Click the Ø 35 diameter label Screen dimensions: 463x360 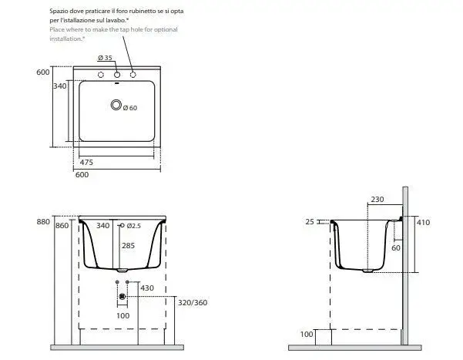(105, 58)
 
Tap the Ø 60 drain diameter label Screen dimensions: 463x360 (130, 108)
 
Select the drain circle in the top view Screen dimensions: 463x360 (116, 105)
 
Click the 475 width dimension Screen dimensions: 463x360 (86, 162)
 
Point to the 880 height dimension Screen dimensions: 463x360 (43, 222)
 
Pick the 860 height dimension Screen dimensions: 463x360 (62, 226)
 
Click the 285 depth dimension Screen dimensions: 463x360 (128, 245)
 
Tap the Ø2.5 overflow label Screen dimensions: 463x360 (134, 226)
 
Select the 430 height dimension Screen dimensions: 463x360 (147, 288)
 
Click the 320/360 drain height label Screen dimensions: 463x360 (193, 303)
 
